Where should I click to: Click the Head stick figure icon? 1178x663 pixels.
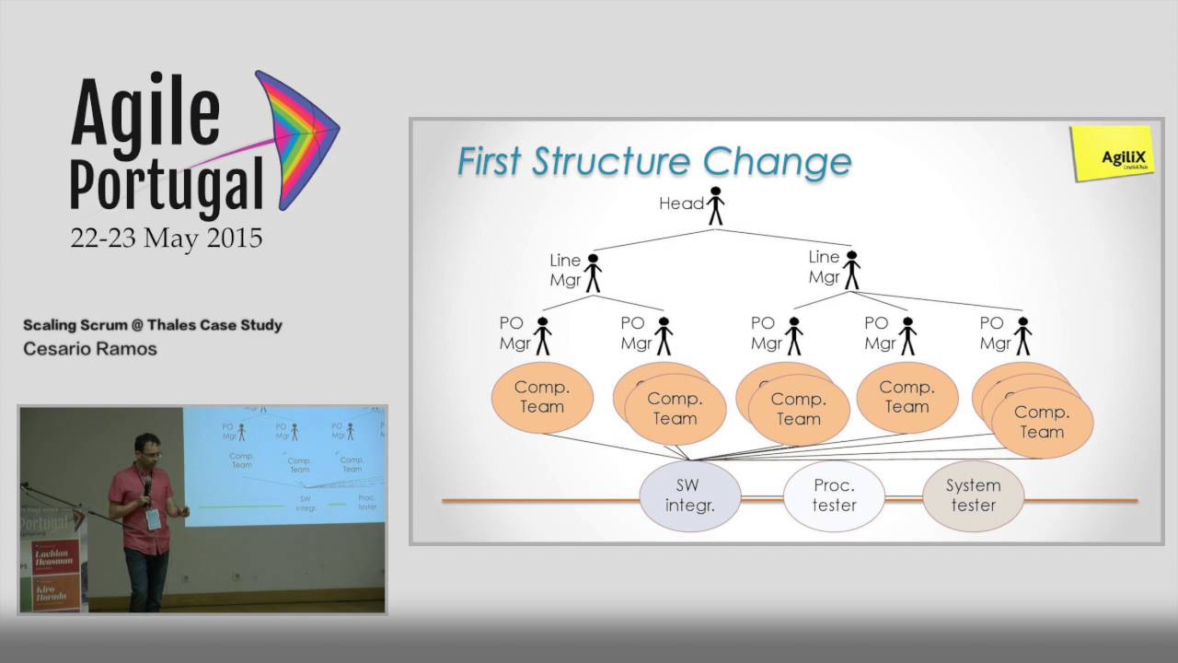point(715,206)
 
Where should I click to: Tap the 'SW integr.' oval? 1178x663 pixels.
point(690,495)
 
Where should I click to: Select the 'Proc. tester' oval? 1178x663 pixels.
point(834,495)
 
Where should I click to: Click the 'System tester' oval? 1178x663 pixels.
point(973,495)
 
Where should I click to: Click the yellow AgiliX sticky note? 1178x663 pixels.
point(1112,153)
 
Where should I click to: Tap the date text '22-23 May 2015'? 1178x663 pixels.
point(167,238)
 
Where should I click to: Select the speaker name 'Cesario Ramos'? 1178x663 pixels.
point(90,349)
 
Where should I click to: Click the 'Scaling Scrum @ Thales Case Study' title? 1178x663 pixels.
point(153,325)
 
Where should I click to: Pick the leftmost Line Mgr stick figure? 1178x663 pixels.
point(594,273)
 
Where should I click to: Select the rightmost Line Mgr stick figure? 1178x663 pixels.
point(851,271)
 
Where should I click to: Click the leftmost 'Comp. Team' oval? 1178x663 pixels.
point(541,398)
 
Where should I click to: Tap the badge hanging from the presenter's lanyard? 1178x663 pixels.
point(153,518)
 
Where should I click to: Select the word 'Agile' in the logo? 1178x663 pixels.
point(145,114)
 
